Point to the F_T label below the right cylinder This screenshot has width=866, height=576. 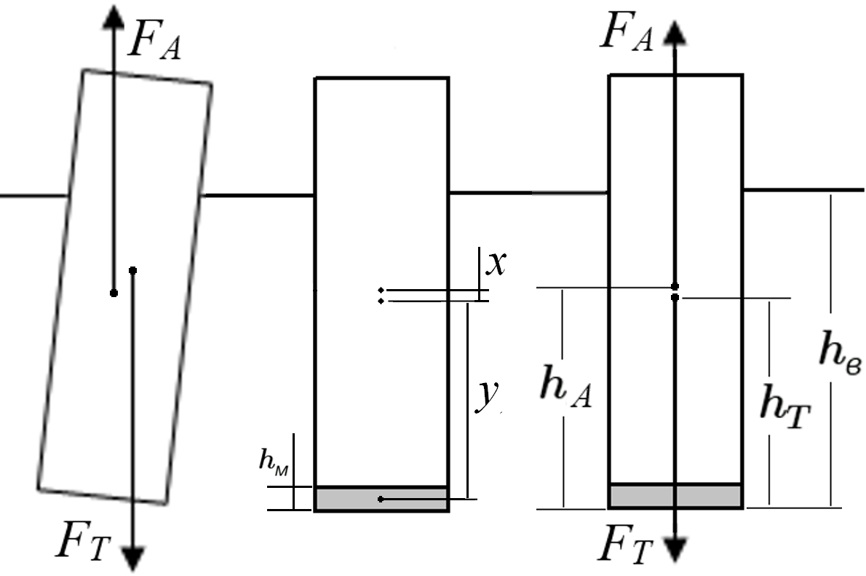[x=625, y=544]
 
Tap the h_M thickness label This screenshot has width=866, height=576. [x=274, y=460]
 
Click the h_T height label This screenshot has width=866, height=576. [x=784, y=406]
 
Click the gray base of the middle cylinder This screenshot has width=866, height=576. [x=381, y=499]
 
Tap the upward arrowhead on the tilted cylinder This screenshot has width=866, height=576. [x=114, y=17]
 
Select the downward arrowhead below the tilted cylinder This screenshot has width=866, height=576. [x=133, y=559]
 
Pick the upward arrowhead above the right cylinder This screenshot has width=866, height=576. [x=675, y=33]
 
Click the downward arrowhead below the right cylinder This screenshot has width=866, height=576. [x=675, y=549]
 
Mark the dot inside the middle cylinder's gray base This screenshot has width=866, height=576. [x=381, y=499]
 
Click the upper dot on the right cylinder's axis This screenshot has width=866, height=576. [x=675, y=286]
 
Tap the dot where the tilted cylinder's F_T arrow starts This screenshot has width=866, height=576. [x=132, y=270]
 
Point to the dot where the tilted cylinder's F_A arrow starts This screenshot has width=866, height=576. [x=114, y=293]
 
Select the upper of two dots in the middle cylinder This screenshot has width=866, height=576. [x=381, y=290]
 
